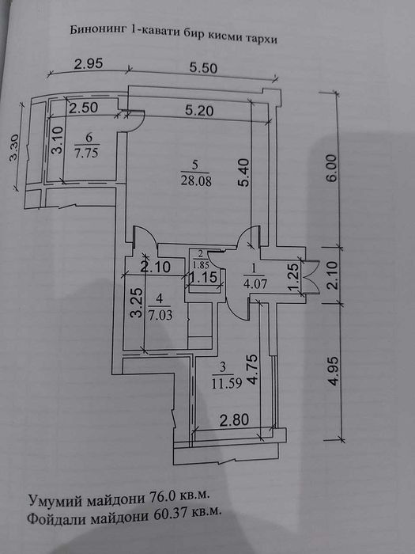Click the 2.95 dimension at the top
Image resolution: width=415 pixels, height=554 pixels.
tap(89, 63)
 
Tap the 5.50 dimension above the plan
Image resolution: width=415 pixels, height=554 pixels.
tap(203, 67)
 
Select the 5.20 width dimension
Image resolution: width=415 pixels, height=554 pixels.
tap(199, 111)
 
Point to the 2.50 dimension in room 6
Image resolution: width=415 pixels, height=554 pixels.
tap(83, 108)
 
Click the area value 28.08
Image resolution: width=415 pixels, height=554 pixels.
tap(196, 181)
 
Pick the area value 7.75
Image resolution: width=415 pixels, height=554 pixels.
tap(86, 153)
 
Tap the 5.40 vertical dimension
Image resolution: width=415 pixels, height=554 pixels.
tap(243, 173)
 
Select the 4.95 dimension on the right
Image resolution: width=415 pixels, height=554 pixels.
tap(333, 371)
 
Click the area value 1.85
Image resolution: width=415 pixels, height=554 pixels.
tap(200, 264)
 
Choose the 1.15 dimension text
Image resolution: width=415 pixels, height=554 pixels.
tap(203, 278)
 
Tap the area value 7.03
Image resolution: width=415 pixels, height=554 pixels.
tap(160, 315)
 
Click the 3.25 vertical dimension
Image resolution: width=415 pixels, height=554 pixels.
tap(137, 303)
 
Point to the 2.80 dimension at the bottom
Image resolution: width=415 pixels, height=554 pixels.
tap(234, 420)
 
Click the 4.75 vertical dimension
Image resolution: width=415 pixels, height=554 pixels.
tap(253, 370)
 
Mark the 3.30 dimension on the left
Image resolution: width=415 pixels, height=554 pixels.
tap(15, 148)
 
